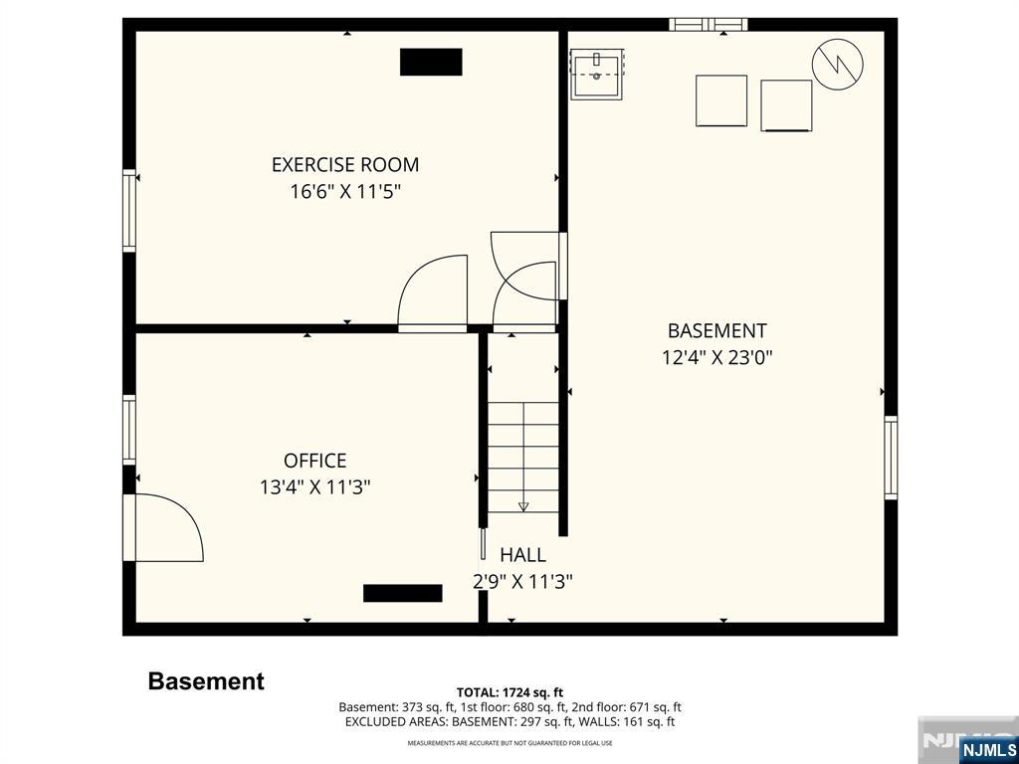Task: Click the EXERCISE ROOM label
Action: [x=345, y=164]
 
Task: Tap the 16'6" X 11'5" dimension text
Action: [x=345, y=192]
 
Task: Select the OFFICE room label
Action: [x=315, y=461]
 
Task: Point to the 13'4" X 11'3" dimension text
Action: [x=315, y=487]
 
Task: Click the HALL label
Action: [x=522, y=555]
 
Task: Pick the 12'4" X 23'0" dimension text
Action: [x=717, y=357]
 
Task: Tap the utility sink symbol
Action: [x=597, y=74]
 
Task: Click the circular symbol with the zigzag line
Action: [x=838, y=64]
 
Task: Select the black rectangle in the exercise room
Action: [x=431, y=62]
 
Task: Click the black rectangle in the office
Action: [x=403, y=593]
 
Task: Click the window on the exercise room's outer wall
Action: [x=129, y=211]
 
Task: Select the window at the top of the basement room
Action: [x=709, y=25]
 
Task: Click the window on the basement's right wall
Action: [x=891, y=458]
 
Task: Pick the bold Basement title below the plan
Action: [x=206, y=681]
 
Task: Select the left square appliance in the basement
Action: [x=721, y=100]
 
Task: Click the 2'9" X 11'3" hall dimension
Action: [x=522, y=581]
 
